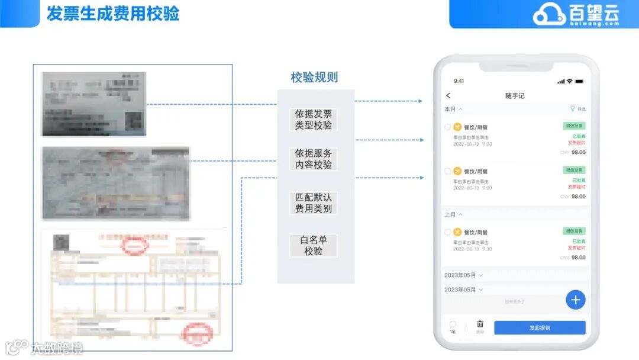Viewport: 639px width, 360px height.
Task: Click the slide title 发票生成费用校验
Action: pos(112,13)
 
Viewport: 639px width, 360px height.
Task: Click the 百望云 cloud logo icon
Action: pos(548,14)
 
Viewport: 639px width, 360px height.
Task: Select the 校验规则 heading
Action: pos(314,78)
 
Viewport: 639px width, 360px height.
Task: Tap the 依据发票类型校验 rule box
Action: pos(314,120)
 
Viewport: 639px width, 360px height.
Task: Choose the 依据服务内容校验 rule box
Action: pos(314,159)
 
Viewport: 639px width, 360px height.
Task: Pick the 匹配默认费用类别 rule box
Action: pos(314,203)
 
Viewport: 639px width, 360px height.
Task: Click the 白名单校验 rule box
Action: pos(314,246)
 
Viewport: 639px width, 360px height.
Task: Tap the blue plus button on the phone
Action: pos(575,300)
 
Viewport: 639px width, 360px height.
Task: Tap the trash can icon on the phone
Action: pos(480,324)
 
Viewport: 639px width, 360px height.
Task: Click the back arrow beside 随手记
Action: pos(448,96)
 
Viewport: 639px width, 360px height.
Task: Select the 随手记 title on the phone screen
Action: pos(514,96)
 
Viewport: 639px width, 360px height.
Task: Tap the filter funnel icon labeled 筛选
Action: pos(573,109)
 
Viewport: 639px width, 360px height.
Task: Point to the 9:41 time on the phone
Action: pos(459,81)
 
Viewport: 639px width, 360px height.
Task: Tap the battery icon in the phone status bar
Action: pos(579,81)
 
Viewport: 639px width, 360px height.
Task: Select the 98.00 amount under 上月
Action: pos(578,258)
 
